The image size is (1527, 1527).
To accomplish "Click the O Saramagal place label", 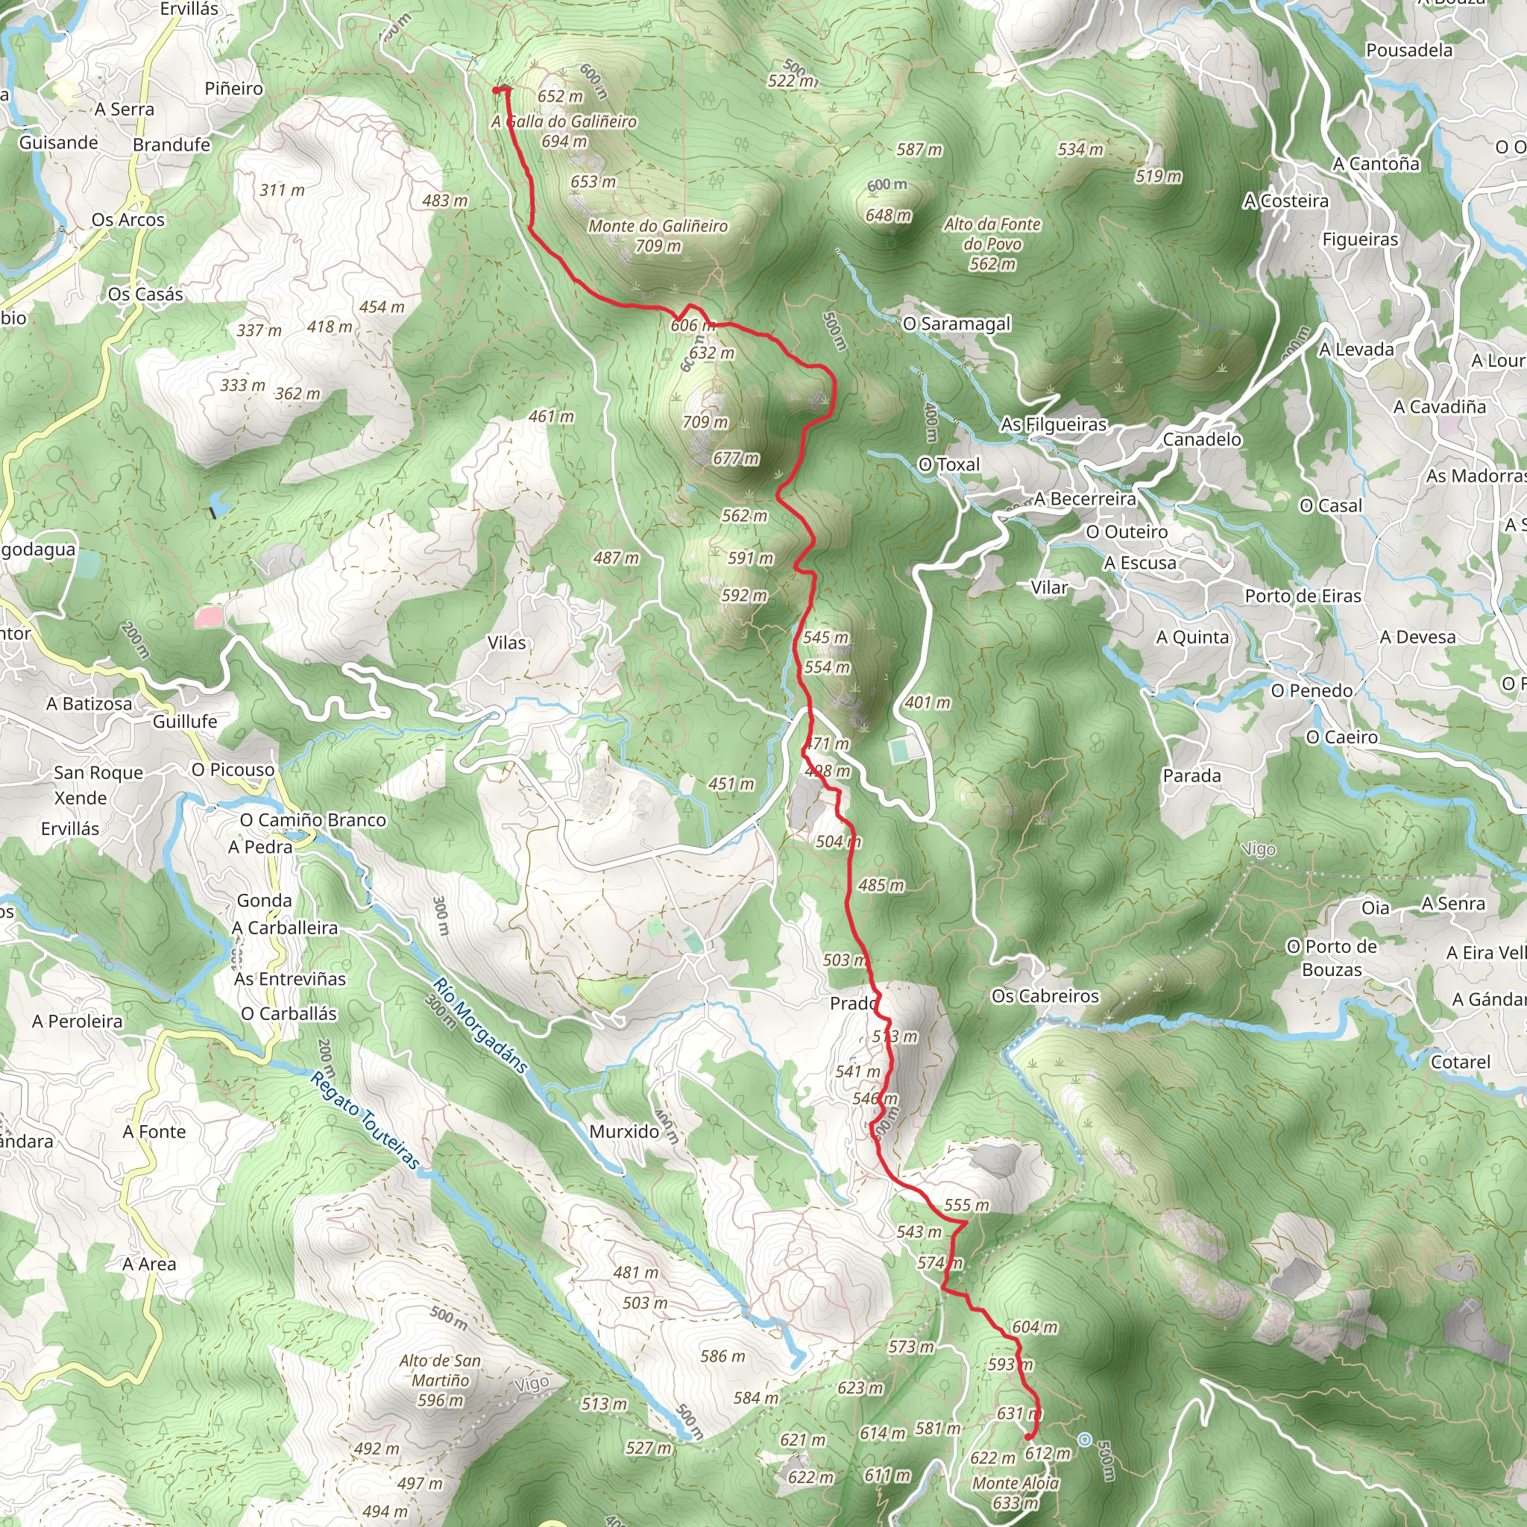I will [957, 324].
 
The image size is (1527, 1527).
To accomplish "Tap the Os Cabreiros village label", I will [1045, 996].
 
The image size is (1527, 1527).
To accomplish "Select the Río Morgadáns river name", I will [479, 1025].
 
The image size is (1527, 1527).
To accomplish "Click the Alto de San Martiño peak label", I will [440, 1380].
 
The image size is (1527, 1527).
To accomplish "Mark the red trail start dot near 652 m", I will [497, 91].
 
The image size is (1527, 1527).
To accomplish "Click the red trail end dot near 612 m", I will [1028, 1436].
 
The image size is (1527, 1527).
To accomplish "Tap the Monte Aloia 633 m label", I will [1016, 1492].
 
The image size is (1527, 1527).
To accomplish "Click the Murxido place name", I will [624, 1131].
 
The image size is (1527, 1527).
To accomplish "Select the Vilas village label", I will [506, 643].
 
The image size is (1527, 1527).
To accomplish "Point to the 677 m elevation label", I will [736, 459].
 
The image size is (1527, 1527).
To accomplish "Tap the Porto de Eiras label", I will [1303, 596].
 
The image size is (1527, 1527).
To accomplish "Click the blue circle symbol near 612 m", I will [1084, 1440].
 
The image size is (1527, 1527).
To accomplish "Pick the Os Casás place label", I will [145, 294].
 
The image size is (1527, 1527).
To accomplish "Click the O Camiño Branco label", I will [313, 819].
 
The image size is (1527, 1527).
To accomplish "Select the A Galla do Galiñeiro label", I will [564, 122].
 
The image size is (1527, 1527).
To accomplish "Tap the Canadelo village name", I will [1201, 439].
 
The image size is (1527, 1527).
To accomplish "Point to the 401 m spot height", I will [928, 702].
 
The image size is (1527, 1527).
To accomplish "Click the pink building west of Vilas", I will [209, 617].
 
